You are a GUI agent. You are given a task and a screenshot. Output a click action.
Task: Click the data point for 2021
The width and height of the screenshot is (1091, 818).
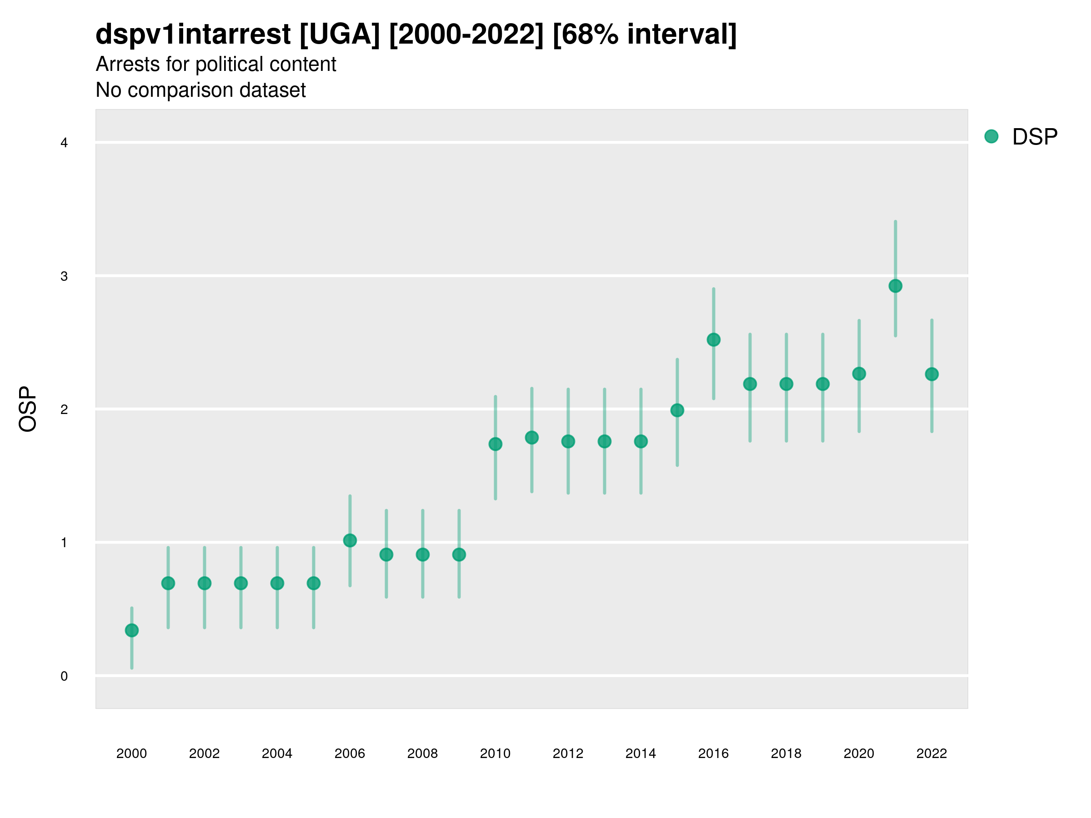895,286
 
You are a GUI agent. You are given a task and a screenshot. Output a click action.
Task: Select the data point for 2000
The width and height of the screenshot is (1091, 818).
132,630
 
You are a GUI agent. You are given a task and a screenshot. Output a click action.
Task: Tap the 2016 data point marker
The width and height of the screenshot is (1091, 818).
713,340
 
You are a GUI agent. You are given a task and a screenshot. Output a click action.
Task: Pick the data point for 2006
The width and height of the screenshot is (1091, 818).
350,540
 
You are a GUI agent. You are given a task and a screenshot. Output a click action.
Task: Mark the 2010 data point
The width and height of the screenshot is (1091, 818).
495,444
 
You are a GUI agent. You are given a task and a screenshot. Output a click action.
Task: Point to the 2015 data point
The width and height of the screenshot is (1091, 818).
677,410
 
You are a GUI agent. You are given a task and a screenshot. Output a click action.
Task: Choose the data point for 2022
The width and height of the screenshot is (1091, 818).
932,374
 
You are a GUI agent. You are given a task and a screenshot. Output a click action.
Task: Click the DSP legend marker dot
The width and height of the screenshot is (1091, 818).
991,137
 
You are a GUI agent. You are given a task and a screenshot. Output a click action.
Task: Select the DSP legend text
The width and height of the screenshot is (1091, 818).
1034,137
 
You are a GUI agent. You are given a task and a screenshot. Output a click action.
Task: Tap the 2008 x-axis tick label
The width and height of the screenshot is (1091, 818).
422,753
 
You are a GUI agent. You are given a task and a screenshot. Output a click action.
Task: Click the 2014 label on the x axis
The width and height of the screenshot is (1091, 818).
640,753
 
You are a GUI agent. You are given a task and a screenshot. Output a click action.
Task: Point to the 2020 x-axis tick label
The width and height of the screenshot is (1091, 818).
859,753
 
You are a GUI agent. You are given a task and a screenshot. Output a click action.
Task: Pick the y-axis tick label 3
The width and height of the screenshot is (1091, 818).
64,276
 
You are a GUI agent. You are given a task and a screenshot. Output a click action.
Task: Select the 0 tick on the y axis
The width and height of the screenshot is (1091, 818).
64,676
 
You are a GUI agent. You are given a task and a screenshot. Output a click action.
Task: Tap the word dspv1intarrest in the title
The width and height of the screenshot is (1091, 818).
193,35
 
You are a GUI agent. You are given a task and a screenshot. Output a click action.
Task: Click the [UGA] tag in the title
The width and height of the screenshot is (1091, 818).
340,35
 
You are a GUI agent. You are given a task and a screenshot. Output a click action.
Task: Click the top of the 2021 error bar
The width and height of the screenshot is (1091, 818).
895,222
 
